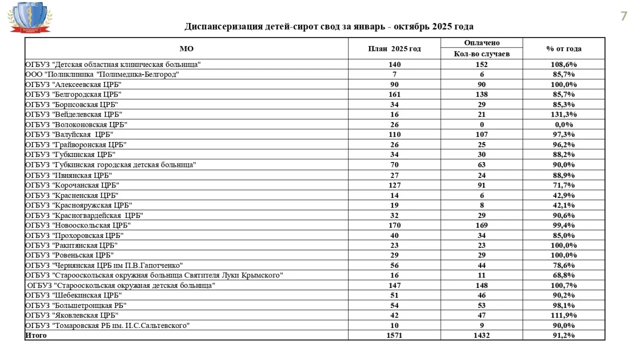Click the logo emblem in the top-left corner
click(x=29, y=17)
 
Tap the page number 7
click(x=623, y=16)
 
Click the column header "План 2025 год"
click(x=394, y=49)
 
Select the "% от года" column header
click(x=563, y=49)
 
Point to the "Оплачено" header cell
click(x=481, y=43)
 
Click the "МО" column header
click(x=186, y=49)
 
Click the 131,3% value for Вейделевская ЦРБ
click(x=563, y=114)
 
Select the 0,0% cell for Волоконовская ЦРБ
click(x=563, y=124)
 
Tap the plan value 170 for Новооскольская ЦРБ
click(x=394, y=225)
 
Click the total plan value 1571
click(x=394, y=335)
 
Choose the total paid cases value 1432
click(x=481, y=335)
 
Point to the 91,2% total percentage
click(x=563, y=335)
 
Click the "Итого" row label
click(x=36, y=335)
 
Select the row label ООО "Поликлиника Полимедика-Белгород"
click(x=102, y=74)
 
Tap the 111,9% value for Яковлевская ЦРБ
click(x=563, y=315)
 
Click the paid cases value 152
click(x=481, y=64)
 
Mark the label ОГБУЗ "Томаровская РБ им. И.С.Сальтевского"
click(x=107, y=325)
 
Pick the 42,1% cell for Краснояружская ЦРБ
click(x=563, y=205)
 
